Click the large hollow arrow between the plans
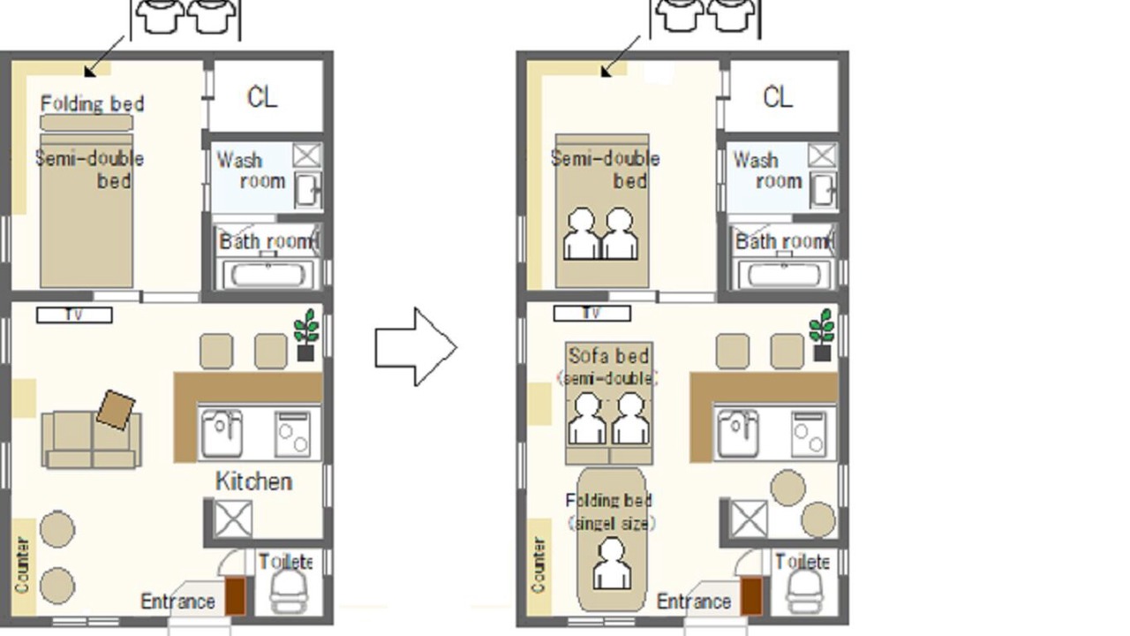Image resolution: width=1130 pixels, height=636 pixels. (x=416, y=347)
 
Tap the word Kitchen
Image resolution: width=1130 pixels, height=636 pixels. (x=253, y=481)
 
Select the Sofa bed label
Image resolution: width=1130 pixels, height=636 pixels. (x=608, y=356)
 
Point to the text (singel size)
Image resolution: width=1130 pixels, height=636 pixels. (x=612, y=524)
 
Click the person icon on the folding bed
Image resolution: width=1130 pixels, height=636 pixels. (x=612, y=564)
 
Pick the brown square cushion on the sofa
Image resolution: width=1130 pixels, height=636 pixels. (x=116, y=410)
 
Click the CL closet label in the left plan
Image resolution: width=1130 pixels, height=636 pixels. (x=262, y=97)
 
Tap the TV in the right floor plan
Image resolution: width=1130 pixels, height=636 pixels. (x=591, y=314)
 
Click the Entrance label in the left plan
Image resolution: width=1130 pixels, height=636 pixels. (x=177, y=602)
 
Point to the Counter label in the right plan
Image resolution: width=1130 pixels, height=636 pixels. (x=539, y=565)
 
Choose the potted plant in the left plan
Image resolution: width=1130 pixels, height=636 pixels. (x=306, y=335)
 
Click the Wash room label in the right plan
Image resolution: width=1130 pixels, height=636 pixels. (x=767, y=170)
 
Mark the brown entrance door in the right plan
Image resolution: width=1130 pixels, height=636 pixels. (x=751, y=596)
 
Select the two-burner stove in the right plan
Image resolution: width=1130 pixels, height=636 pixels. (x=809, y=434)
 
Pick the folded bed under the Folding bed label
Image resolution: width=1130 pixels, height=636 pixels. (x=87, y=123)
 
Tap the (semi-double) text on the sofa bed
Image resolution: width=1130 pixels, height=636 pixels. (x=607, y=379)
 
